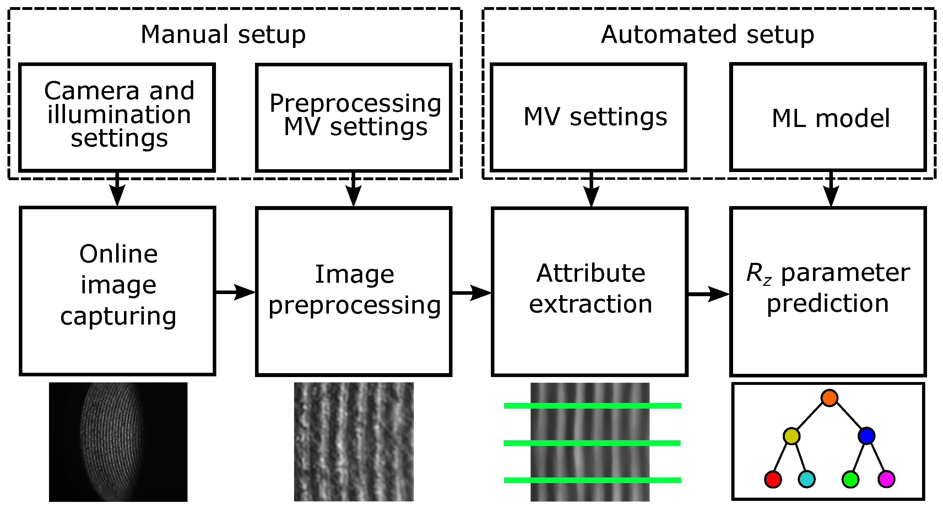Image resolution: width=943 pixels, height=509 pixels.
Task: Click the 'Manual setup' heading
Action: click(x=223, y=34)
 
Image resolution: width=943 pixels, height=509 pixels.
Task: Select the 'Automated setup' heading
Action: click(x=707, y=34)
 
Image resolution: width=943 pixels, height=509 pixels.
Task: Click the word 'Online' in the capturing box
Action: click(x=119, y=254)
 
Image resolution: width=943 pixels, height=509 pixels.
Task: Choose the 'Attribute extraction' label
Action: click(x=590, y=288)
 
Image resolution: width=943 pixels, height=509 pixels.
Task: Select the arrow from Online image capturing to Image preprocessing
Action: click(x=236, y=292)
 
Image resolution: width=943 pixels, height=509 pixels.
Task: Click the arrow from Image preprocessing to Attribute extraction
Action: click(x=472, y=293)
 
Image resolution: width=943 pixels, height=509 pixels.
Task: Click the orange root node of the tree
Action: click(x=829, y=398)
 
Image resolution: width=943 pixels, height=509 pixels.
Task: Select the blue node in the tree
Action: click(x=867, y=436)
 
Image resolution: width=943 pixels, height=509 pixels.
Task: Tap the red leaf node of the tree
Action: click(x=773, y=479)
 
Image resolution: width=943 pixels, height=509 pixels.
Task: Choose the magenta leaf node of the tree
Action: click(x=886, y=479)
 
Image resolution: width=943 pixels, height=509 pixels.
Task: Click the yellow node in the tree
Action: click(x=791, y=436)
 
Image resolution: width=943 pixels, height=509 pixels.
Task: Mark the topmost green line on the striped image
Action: click(x=592, y=405)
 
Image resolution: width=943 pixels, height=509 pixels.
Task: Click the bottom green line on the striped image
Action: click(x=592, y=480)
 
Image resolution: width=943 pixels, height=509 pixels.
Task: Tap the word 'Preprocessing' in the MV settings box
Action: click(x=355, y=104)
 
